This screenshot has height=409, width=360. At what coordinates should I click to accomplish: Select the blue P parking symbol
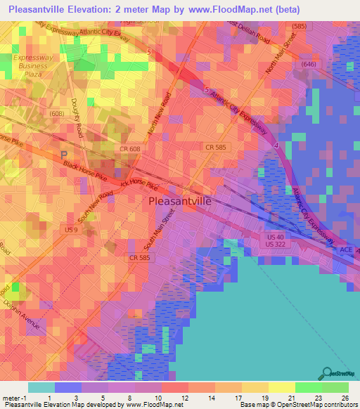65,155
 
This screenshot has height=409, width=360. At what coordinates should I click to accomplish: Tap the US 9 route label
70,230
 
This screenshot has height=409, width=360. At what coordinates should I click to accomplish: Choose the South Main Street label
158,235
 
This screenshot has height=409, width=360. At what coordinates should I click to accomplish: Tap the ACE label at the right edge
345,249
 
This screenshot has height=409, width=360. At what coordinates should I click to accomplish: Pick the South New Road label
95,207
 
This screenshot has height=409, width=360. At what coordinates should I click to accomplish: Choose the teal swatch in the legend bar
41,387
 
